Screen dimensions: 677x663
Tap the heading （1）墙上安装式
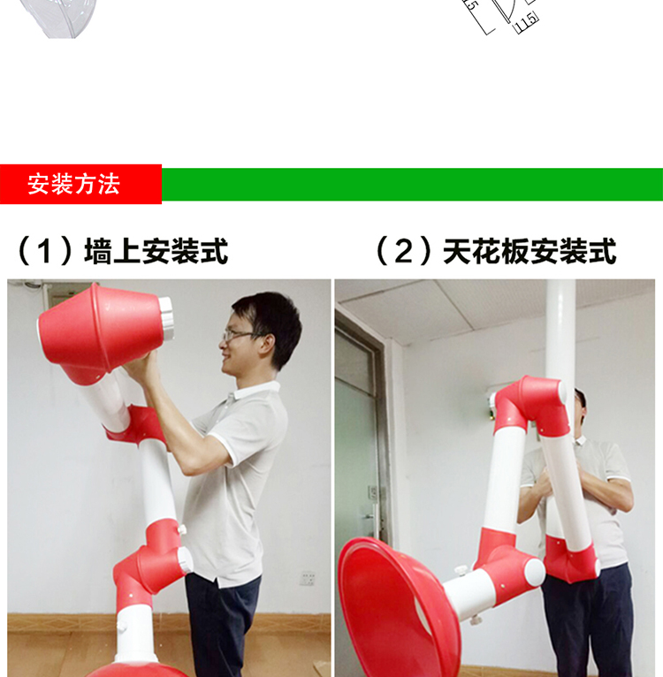[123, 252]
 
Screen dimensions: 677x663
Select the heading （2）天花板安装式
[495, 252]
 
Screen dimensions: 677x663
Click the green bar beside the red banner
[411, 185]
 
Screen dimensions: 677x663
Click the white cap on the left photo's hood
[165, 323]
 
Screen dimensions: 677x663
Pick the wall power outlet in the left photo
[307, 578]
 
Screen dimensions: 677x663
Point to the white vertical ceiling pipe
[560, 327]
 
